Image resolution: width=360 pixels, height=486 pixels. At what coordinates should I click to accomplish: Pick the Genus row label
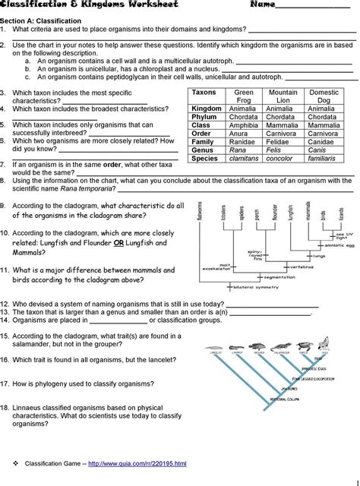(203, 150)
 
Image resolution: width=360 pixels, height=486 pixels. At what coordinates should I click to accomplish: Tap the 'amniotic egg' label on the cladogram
(331, 247)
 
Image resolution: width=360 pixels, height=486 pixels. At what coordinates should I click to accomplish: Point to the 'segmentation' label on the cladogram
(279, 277)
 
